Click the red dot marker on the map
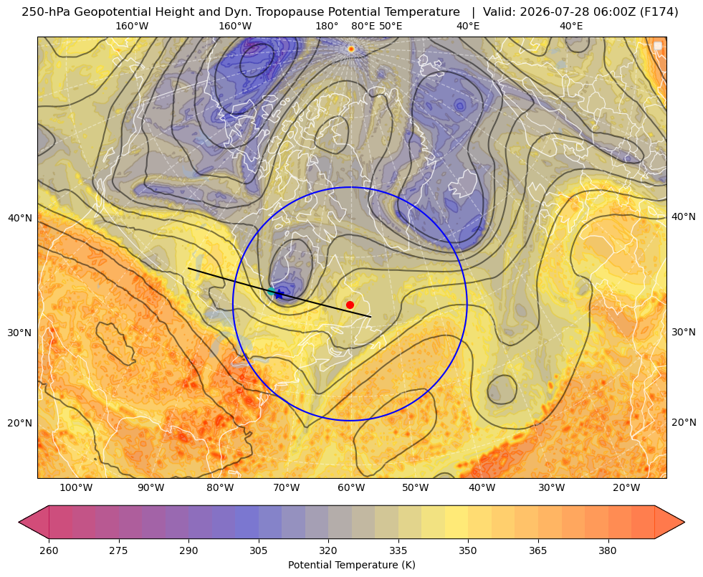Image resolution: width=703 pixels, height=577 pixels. [x=350, y=305]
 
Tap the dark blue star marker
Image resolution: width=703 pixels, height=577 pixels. [x=279, y=294]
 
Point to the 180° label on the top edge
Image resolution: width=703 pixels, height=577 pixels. [x=327, y=26]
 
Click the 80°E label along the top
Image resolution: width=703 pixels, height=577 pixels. [x=363, y=26]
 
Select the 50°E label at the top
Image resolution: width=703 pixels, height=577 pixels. [x=391, y=26]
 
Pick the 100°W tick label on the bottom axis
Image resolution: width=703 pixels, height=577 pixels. [x=76, y=487]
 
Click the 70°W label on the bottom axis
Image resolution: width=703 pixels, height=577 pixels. [x=287, y=487]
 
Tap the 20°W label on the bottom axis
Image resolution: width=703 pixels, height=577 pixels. [x=626, y=487]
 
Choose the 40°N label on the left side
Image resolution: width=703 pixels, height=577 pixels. [x=20, y=219]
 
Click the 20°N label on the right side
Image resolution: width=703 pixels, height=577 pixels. [x=684, y=422]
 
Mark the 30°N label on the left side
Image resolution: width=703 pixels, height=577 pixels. [x=20, y=333]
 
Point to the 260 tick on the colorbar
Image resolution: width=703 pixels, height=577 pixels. [x=49, y=550]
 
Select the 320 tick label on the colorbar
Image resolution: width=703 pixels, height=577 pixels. [x=328, y=550]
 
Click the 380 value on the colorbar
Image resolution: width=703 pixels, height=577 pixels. [x=608, y=550]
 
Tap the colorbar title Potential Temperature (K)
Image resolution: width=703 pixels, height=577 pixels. [x=351, y=565]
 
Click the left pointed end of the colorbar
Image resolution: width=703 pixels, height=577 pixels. [x=19, y=522]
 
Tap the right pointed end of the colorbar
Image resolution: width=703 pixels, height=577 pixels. [x=684, y=522]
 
